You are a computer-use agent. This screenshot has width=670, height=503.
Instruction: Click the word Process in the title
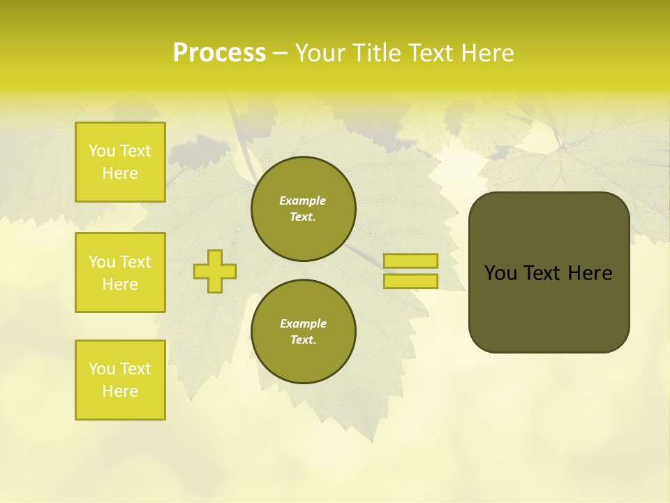(x=219, y=53)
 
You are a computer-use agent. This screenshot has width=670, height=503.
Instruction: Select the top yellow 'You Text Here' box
(x=120, y=162)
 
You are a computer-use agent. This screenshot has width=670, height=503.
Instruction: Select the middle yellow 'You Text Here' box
(x=120, y=272)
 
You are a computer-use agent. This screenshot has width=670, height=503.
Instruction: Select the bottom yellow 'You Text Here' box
(x=120, y=380)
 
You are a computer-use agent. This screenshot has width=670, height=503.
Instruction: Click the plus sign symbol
(x=214, y=271)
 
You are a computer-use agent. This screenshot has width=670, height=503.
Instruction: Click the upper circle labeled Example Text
(x=303, y=208)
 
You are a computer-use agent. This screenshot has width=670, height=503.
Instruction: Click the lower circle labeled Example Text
(x=303, y=331)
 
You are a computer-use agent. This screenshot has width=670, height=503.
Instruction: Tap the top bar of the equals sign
(x=410, y=261)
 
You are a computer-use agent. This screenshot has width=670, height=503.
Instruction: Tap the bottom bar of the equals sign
(x=410, y=281)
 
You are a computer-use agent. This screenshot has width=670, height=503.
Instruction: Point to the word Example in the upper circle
(x=303, y=201)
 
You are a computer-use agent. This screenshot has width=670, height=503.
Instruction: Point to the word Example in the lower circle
(x=303, y=323)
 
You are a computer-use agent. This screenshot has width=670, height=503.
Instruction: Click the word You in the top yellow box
(x=102, y=151)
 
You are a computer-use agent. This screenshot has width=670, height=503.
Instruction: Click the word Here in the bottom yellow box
(x=120, y=391)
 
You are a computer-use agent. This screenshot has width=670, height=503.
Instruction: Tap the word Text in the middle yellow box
(x=135, y=262)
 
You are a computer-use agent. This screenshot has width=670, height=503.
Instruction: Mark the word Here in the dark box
(x=590, y=273)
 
